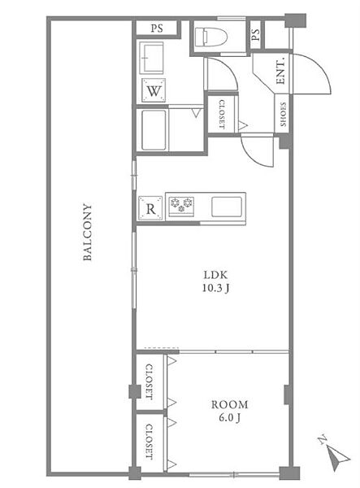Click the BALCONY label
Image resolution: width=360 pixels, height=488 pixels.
point(88,232)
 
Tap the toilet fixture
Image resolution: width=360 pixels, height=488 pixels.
point(210,37)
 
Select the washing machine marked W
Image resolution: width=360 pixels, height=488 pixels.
point(154,90)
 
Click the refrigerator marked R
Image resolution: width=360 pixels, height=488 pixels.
point(150,208)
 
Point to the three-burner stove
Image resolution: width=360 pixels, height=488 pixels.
point(181,206)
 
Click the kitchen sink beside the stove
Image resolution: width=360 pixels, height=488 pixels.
point(227,207)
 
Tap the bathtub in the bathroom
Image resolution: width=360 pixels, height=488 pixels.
point(154,130)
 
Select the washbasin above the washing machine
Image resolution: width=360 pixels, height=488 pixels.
point(151,58)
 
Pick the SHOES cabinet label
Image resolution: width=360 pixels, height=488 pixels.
point(283,114)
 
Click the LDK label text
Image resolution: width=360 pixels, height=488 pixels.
point(215,275)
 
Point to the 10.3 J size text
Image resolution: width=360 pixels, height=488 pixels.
point(215,288)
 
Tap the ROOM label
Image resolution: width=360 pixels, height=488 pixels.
point(230,404)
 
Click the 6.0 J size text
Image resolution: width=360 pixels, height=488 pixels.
point(229,418)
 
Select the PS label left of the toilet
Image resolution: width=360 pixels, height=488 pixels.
point(157,28)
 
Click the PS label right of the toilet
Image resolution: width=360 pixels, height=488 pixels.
point(255,34)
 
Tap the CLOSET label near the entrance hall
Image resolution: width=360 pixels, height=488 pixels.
point(221,114)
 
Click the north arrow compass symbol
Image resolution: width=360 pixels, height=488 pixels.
point(336,454)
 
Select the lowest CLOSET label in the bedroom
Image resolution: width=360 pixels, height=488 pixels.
point(150,442)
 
